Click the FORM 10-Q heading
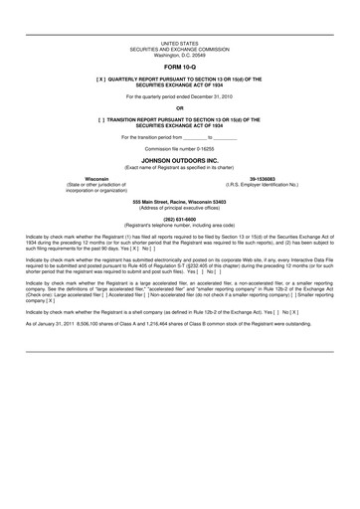180,66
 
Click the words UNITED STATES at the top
180,45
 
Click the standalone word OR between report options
180,106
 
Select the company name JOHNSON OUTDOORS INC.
180,157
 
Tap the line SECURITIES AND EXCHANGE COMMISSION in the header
180,50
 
